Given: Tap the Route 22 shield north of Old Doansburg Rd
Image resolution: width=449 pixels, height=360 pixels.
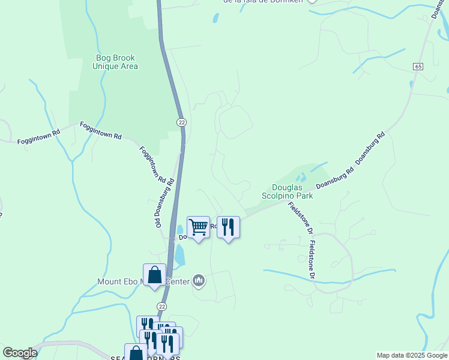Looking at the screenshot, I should pos(181,122).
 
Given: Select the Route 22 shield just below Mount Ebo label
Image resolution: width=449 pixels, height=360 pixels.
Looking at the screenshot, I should pos(161,306).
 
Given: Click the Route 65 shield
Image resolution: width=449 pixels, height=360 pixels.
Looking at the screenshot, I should pos(418,65).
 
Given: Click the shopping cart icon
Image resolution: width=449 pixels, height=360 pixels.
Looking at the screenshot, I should pos(198,227).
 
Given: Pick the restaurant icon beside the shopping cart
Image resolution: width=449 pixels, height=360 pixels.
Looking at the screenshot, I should pos(228,227).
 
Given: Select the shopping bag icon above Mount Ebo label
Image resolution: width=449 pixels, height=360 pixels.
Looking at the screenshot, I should pos(154,275).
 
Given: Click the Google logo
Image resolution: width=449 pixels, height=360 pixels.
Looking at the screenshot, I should pos(20,353).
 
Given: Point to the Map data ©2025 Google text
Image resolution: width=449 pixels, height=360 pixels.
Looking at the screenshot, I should pos(412,355).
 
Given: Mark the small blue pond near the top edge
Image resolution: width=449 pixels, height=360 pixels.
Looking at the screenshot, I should pos(215,18).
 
